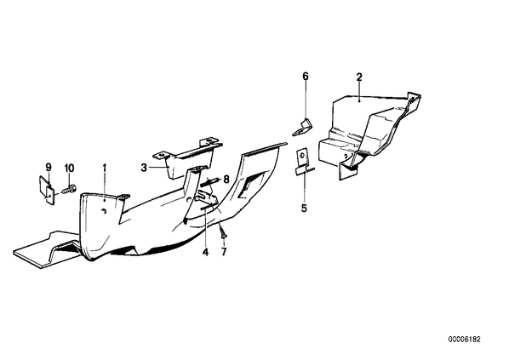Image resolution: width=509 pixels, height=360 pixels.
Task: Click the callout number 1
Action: click(x=105, y=169)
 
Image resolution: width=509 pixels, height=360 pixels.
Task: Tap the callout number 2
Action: click(x=359, y=77)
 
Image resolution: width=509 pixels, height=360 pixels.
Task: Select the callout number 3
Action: click(x=144, y=168)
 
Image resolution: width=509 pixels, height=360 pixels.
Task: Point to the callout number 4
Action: click(x=205, y=252)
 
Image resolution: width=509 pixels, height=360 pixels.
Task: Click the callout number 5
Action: click(x=304, y=208)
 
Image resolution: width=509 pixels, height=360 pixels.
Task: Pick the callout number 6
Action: click(x=305, y=77)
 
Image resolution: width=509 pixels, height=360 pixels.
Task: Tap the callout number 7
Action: click(x=224, y=252)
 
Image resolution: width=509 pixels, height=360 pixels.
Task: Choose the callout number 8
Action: click(x=226, y=180)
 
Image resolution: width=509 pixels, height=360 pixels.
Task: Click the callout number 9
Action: click(x=49, y=168)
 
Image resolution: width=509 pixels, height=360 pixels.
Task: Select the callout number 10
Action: click(x=70, y=169)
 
